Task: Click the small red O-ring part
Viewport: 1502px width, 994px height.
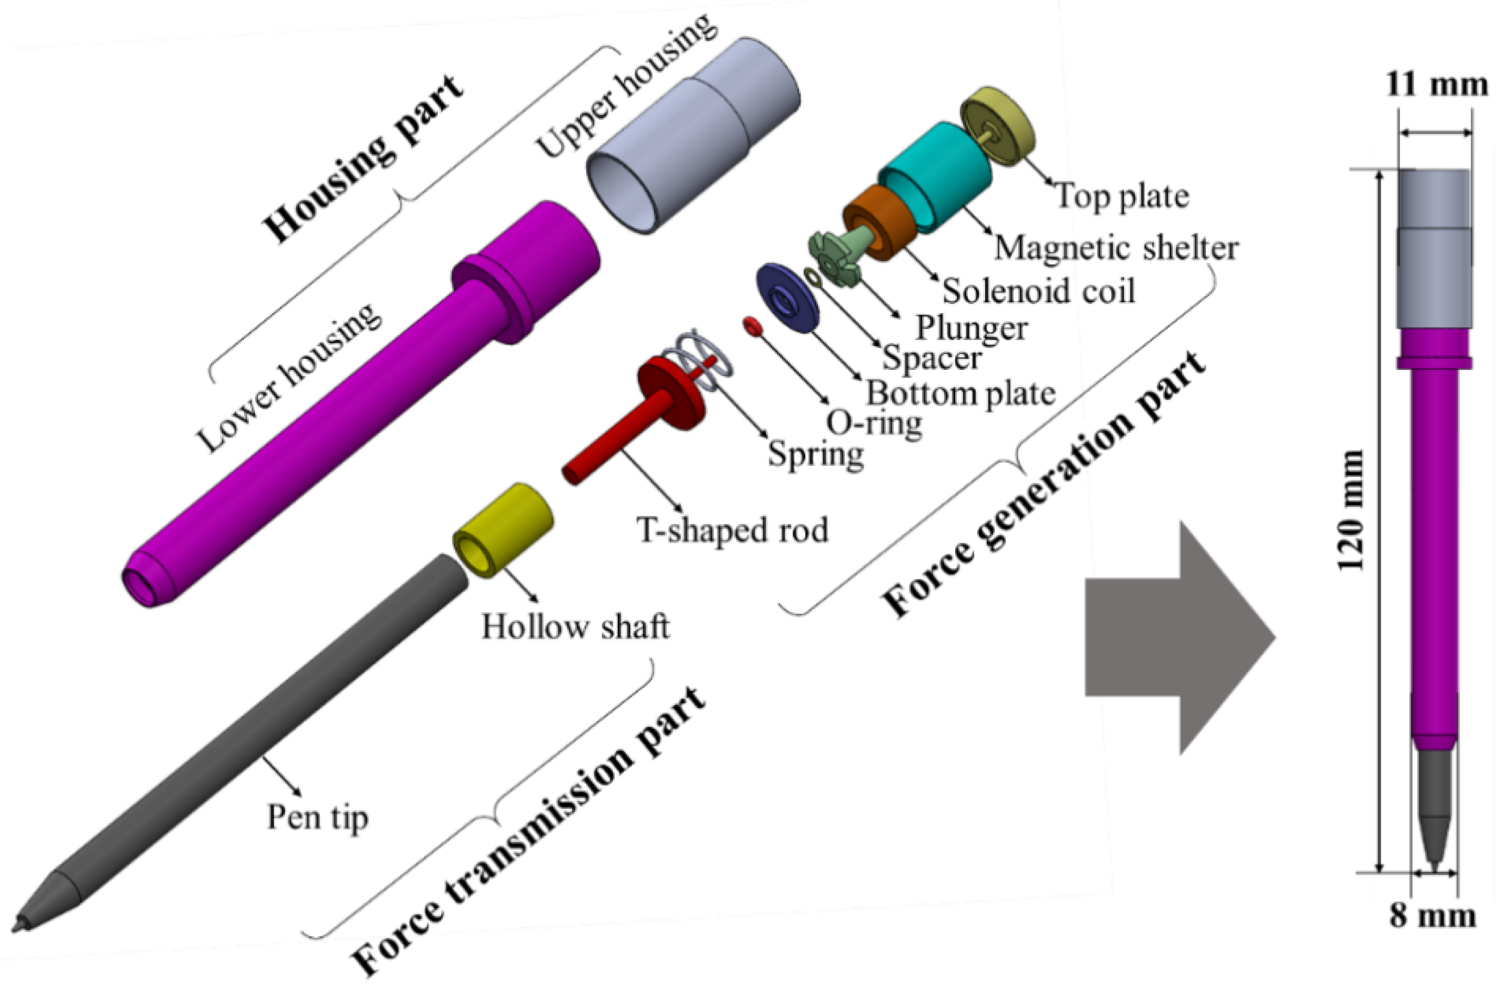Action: tap(753, 327)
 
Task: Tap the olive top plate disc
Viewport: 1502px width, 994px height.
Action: tap(997, 126)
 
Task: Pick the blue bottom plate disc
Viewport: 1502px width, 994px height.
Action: tap(787, 298)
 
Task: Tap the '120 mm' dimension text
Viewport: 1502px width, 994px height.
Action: tap(1350, 510)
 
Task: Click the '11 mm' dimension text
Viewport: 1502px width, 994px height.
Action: tap(1436, 84)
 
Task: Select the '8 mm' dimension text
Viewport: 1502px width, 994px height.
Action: tap(1432, 915)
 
